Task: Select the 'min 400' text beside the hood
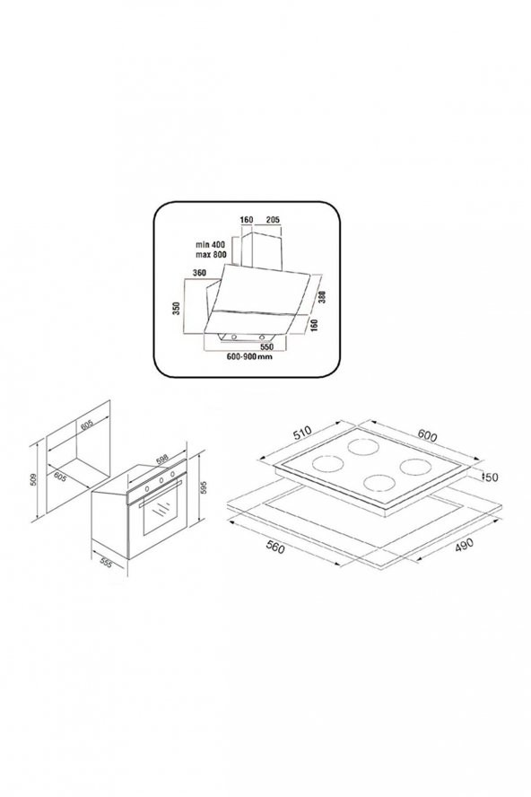pos(213,244)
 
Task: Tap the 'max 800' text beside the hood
pos(213,255)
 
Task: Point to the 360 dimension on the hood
pos(201,273)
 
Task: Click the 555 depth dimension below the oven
pos(106,563)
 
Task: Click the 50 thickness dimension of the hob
pos(492,478)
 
